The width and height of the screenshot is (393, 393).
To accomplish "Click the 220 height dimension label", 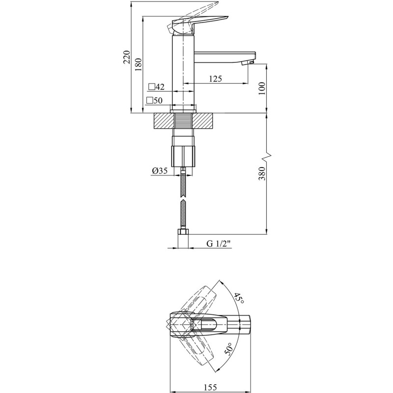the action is (127, 57).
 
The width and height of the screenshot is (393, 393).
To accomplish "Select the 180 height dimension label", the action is (138, 65).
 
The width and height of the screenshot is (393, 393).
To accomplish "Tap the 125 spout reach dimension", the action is (216, 79).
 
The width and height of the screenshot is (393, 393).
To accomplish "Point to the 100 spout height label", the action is (261, 88).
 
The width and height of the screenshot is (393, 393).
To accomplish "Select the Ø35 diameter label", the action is (159, 171).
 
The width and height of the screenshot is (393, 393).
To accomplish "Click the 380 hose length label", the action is (261, 173).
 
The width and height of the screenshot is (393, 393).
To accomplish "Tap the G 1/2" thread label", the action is (218, 244).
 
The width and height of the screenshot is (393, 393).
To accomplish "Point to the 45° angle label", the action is (239, 298).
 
